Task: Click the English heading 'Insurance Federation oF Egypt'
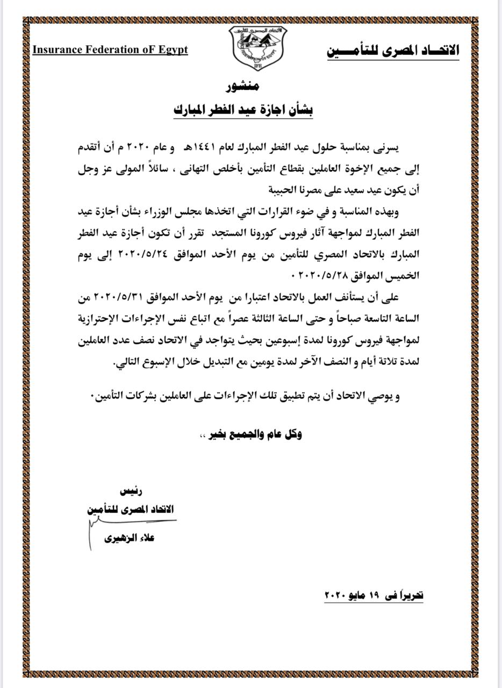click(x=110, y=49)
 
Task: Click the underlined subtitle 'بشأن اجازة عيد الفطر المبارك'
click(x=243, y=110)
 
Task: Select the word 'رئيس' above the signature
click(x=132, y=491)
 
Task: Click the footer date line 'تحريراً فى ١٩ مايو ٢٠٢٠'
click(x=375, y=595)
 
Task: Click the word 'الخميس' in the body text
click(x=403, y=275)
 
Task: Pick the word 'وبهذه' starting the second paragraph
click(x=401, y=212)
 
